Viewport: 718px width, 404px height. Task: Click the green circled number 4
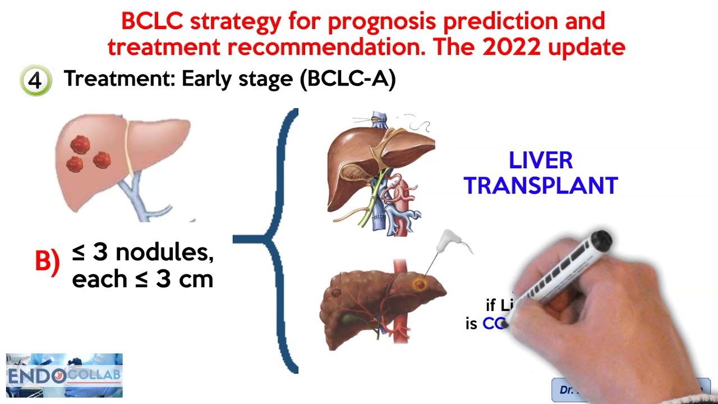[35, 80]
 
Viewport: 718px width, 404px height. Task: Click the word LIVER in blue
[541, 160]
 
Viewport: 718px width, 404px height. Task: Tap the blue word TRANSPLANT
[541, 186]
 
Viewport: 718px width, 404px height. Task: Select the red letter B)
[47, 261]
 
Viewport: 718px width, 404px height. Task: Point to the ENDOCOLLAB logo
[64, 375]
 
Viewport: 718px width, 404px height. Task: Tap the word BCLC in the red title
[152, 21]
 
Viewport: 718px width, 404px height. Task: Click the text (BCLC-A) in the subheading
[348, 79]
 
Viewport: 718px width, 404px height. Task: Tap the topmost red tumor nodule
[80, 144]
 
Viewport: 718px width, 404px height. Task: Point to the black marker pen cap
[599, 240]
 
